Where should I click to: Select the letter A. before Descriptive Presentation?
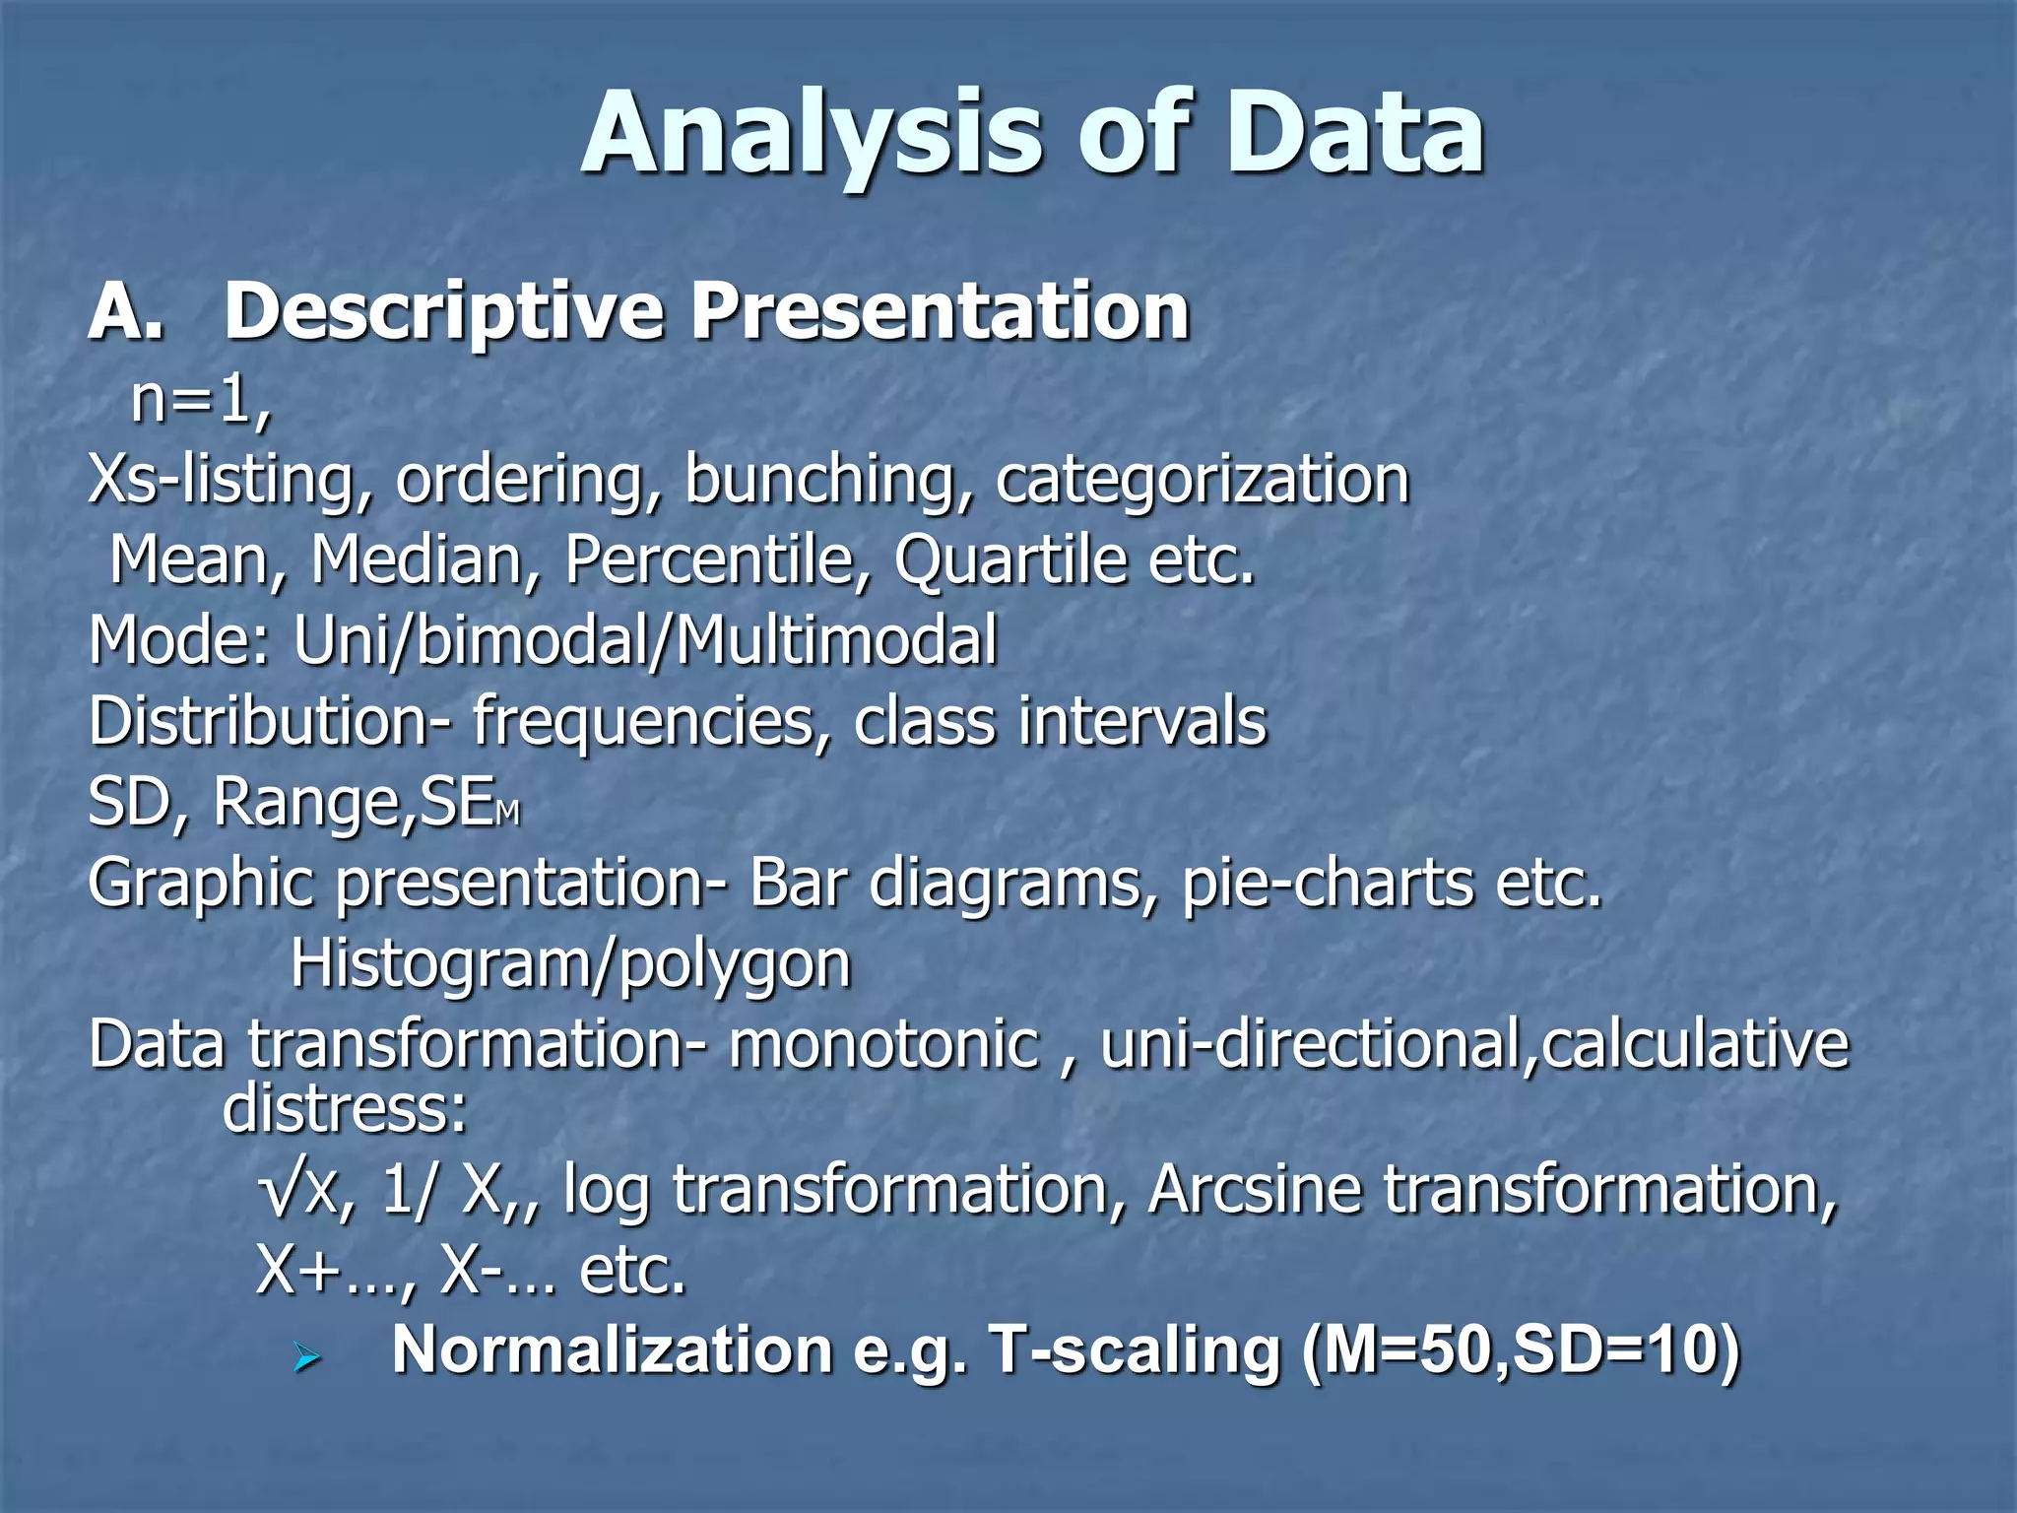126,311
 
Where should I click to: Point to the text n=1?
201,402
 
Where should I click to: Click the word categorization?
1203,481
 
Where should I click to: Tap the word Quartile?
1010,559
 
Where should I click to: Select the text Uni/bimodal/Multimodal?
645,640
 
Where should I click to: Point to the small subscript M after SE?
507,814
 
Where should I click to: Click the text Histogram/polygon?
570,963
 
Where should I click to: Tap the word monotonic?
883,1044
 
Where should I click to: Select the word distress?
345,1109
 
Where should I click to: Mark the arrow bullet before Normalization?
307,1360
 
